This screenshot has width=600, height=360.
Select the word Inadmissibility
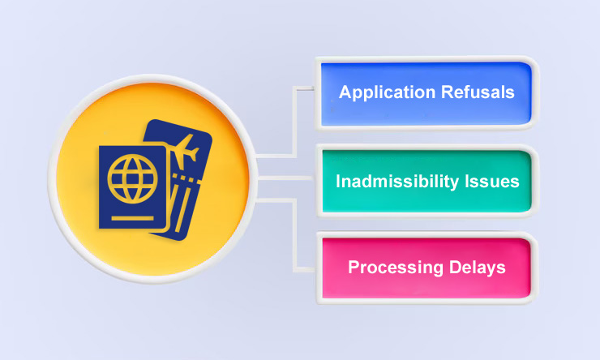pos(393,182)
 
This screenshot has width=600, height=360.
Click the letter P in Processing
pos(353,267)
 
